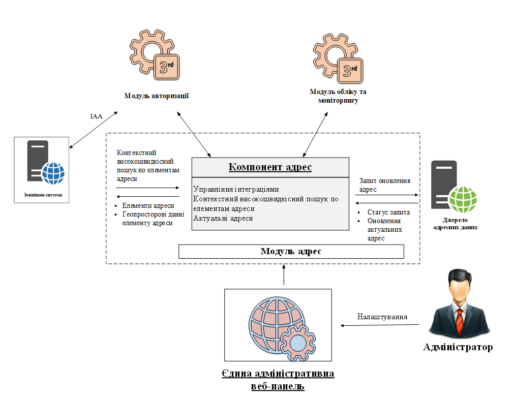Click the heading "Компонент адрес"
(x=270, y=167)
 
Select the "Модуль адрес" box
(x=291, y=252)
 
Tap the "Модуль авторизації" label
(x=157, y=96)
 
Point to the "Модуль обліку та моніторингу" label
(x=338, y=96)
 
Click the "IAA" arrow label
(x=97, y=116)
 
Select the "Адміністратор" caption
(x=458, y=348)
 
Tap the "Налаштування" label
(x=382, y=316)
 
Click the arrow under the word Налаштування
(x=381, y=325)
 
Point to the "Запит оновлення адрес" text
(x=384, y=185)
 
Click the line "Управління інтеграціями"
(x=236, y=190)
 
